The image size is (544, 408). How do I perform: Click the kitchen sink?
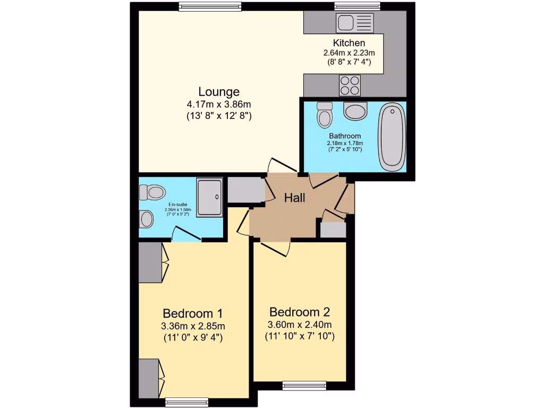click(x=354, y=23)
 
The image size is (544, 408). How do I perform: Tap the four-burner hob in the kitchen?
click(x=350, y=84)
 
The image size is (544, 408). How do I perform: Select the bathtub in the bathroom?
click(x=392, y=137)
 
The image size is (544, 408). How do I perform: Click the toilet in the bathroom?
click(x=323, y=115)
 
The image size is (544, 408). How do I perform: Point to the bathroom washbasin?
click(x=355, y=111)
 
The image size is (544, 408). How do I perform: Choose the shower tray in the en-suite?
click(x=210, y=197)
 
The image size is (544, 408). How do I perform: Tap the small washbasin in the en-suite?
click(x=144, y=218)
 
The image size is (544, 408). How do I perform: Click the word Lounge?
click(x=219, y=91)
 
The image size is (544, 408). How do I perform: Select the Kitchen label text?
click(x=349, y=43)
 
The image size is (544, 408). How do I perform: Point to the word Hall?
click(x=295, y=198)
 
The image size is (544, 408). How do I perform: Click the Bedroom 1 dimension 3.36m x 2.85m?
click(x=193, y=326)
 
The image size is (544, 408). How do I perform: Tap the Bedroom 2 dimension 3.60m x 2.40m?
click(x=300, y=325)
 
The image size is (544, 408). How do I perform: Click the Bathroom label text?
click(x=344, y=136)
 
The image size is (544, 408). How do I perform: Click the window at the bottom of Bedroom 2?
click(x=304, y=385)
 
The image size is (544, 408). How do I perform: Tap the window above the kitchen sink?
click(x=358, y=6)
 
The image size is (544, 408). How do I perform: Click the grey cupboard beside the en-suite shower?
click(x=246, y=190)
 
